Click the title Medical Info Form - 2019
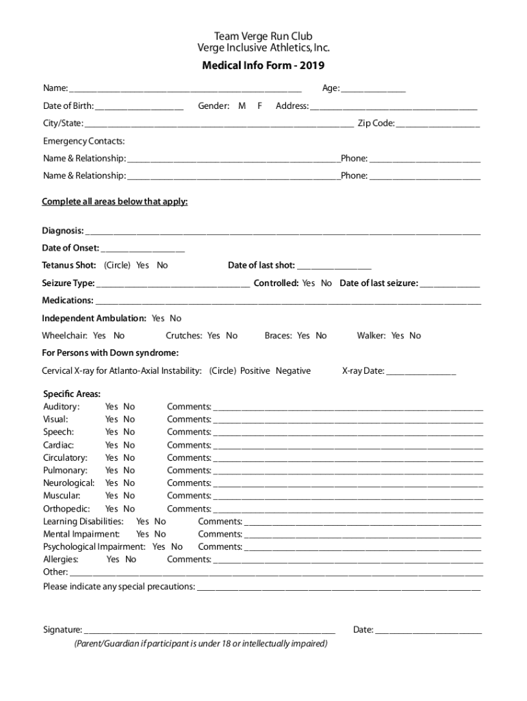(x=263, y=66)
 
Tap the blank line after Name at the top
(x=185, y=89)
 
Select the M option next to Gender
(x=242, y=106)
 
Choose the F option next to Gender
(x=260, y=106)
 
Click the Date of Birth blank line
(x=140, y=107)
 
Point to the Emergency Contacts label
(x=84, y=141)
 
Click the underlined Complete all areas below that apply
(x=115, y=202)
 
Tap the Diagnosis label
(x=63, y=231)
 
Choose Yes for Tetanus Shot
(x=142, y=266)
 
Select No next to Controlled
(x=326, y=283)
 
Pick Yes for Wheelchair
(x=99, y=335)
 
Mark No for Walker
(x=415, y=335)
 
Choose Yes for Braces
(x=303, y=335)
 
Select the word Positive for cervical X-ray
(x=255, y=371)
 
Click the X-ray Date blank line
(x=421, y=372)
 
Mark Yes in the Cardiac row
(x=112, y=445)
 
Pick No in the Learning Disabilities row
(x=160, y=522)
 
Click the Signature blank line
(x=209, y=630)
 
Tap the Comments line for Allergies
(x=348, y=561)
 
